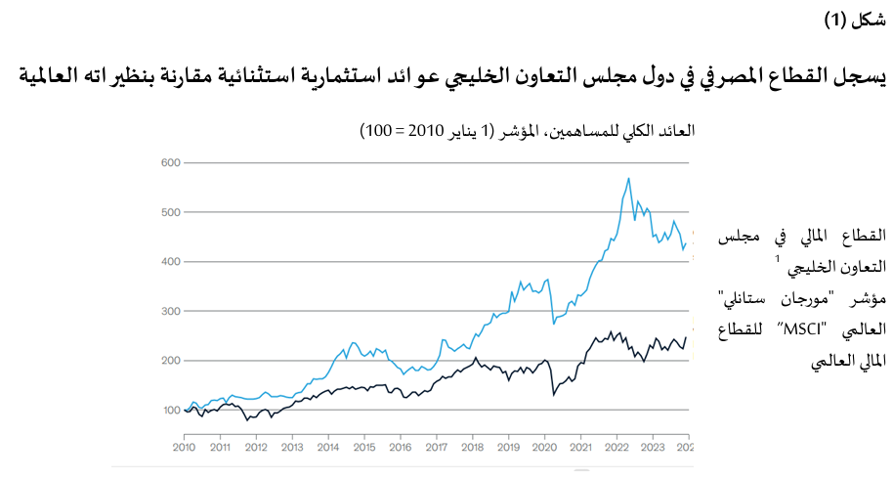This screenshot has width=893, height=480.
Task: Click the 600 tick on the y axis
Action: tap(169, 162)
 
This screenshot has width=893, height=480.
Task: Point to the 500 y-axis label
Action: tap(169, 212)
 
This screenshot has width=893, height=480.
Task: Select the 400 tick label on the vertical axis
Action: tap(169, 262)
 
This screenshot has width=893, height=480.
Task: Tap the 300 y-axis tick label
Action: tap(169, 311)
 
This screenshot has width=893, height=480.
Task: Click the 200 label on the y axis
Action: tap(169, 361)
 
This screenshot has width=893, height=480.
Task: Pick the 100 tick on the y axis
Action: tap(169, 411)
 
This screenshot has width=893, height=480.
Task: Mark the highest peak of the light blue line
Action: tap(628, 178)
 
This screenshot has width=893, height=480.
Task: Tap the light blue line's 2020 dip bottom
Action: tap(554, 323)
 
